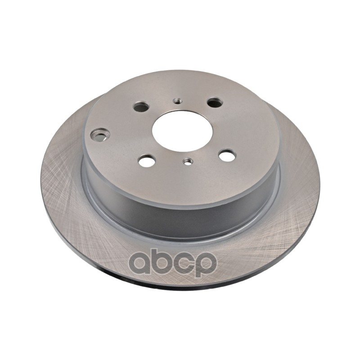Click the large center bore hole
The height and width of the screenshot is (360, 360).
click(x=183, y=131)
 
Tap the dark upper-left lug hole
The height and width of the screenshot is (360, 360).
click(x=141, y=107)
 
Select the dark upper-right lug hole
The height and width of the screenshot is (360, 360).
click(x=215, y=102)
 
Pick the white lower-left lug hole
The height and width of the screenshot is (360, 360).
click(x=147, y=161)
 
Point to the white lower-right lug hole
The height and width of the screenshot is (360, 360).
click(x=227, y=155)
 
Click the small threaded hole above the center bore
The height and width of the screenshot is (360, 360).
click(x=177, y=100)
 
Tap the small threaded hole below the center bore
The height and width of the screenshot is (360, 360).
click(x=188, y=161)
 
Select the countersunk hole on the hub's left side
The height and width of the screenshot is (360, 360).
click(x=100, y=135)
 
